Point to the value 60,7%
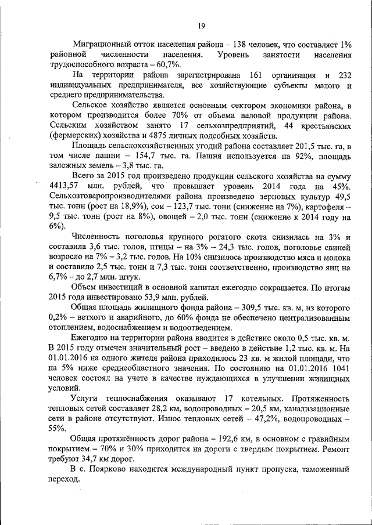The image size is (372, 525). point(166,64)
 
